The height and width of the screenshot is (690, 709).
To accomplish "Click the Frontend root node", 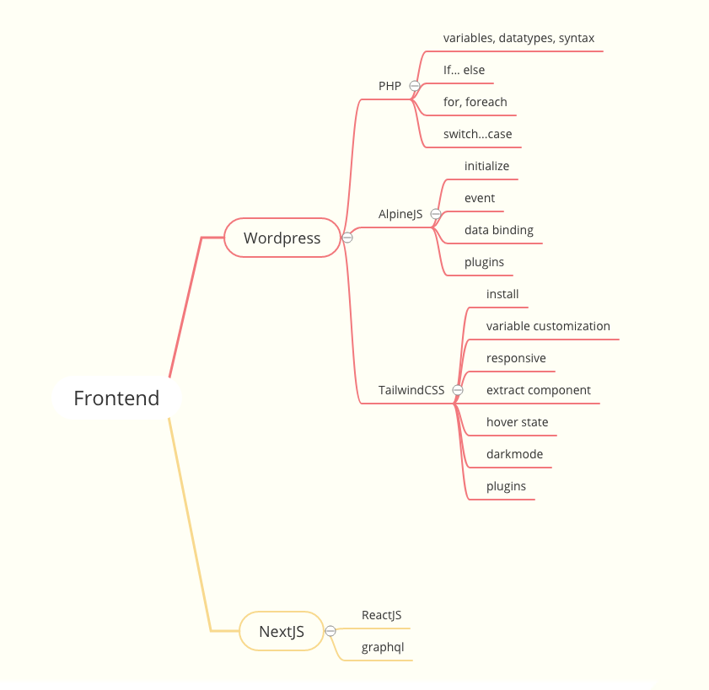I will pos(116,398).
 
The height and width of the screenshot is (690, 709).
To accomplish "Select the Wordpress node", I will pos(282,238).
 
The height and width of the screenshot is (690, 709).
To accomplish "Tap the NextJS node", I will pos(282,632).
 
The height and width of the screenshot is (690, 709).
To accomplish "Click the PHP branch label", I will pos(389,86).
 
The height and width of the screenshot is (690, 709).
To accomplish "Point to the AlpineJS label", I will pos(400,214).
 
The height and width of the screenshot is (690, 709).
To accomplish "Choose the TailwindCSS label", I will pos(411,390).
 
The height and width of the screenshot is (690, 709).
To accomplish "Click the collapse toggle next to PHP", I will pos(415,86).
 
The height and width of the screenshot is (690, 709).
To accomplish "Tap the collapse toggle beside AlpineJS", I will pos(436,214).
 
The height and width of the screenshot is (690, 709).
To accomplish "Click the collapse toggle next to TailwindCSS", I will pos(458,390).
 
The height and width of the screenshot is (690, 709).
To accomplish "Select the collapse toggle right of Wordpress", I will pos(347,238).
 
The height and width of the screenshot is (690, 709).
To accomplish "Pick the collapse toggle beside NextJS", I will pos(330,631).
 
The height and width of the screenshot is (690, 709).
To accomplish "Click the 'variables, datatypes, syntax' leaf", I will pos(518,38).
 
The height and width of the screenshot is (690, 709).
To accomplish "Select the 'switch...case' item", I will pos(477,134).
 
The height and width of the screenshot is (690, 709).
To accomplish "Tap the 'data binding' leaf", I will pos(499,230).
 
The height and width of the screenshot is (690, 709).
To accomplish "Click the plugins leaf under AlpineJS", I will pos(484,262).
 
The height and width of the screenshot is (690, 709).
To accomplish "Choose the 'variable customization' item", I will pos(548,326).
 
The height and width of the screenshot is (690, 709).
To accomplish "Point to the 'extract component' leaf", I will pos(539,390).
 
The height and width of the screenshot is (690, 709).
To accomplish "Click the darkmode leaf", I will pos(514,454).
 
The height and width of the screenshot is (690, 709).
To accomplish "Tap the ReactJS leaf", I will pos(381,615).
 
